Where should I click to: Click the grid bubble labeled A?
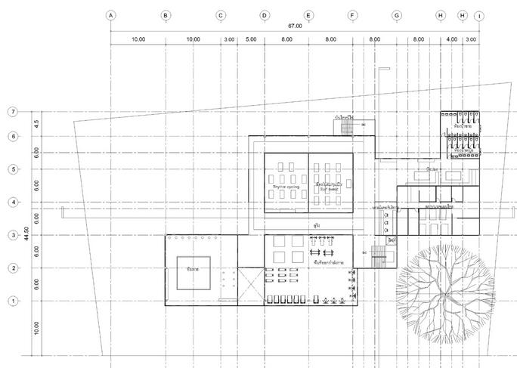[110, 14]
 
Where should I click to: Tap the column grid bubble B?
[166, 14]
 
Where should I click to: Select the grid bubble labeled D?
[265, 14]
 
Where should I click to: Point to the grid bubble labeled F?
[352, 14]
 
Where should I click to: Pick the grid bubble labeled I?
[479, 14]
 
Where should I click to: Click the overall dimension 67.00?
[295, 26]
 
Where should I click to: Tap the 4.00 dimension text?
[452, 39]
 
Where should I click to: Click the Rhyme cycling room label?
[285, 184]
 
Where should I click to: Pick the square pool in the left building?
[193, 271]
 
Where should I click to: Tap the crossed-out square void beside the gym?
[250, 285]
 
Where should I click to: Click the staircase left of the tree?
[378, 261]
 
